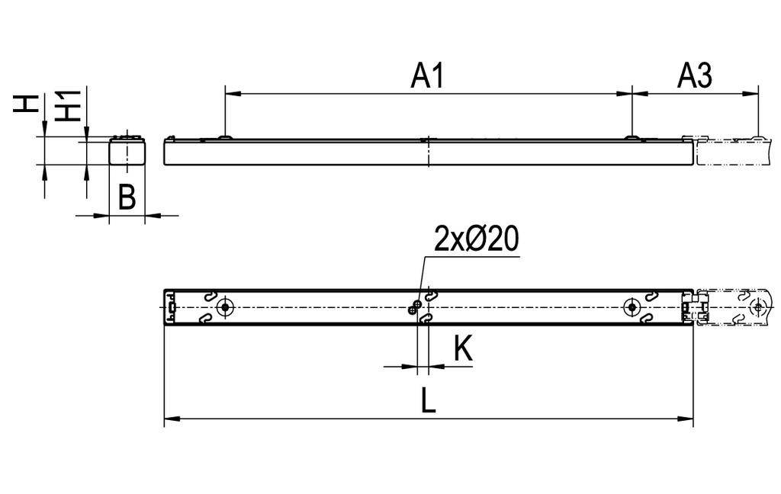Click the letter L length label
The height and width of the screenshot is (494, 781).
[429, 399]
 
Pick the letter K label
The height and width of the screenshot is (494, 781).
[463, 349]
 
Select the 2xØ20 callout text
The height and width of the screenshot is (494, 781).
[476, 239]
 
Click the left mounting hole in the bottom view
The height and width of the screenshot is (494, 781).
[225, 307]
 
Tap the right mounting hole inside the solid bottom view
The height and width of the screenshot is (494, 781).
[632, 307]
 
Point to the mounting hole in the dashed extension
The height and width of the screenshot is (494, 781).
[757, 307]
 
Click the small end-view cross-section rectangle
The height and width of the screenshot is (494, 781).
[127, 151]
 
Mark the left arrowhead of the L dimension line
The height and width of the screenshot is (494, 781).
[169, 419]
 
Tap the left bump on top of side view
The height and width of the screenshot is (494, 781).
[225, 138]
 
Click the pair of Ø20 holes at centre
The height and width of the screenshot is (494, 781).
[414, 307]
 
